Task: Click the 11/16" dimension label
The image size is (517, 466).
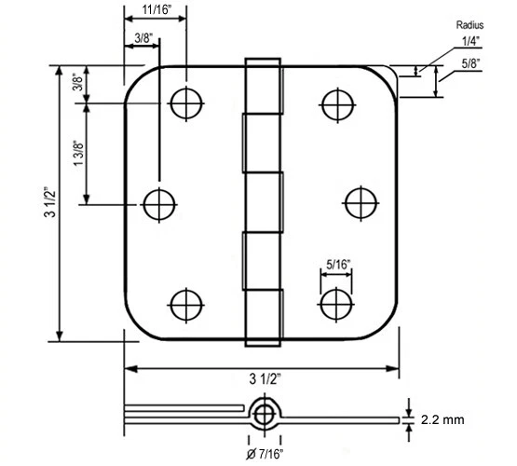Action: pyautogui.click(x=156, y=10)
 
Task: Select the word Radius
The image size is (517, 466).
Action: pyautogui.click(x=470, y=25)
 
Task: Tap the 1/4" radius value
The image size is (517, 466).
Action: pyautogui.click(x=471, y=43)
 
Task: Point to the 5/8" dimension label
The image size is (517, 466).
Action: pyautogui.click(x=471, y=63)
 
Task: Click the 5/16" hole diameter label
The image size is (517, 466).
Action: pyautogui.click(x=337, y=264)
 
